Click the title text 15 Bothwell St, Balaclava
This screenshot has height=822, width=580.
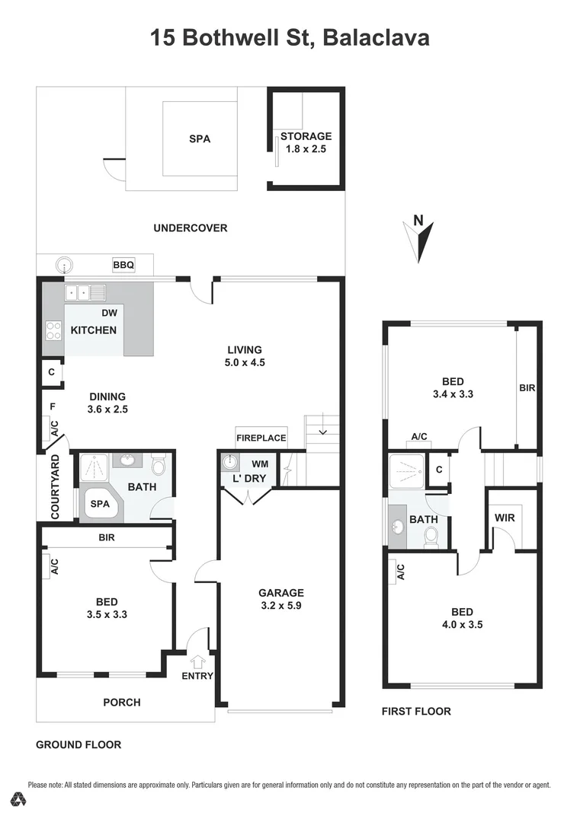[290, 37]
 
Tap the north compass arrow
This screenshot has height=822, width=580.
[420, 237]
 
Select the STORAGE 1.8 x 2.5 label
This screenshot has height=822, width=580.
[306, 143]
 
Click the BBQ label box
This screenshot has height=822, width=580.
[123, 265]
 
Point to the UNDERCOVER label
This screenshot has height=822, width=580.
[190, 228]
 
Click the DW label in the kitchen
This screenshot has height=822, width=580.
[109, 313]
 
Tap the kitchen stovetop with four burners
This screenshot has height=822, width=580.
[53, 330]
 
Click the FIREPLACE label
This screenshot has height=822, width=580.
[261, 438]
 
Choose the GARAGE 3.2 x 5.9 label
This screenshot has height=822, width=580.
[280, 600]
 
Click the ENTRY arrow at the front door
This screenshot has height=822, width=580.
[197, 661]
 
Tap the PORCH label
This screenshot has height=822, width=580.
[122, 703]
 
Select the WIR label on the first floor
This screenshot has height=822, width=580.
[505, 518]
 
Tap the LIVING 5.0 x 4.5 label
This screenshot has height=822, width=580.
[245, 356]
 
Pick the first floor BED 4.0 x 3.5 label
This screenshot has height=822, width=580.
[462, 618]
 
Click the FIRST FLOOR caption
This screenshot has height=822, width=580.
[416, 712]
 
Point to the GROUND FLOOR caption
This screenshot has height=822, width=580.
[79, 744]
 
